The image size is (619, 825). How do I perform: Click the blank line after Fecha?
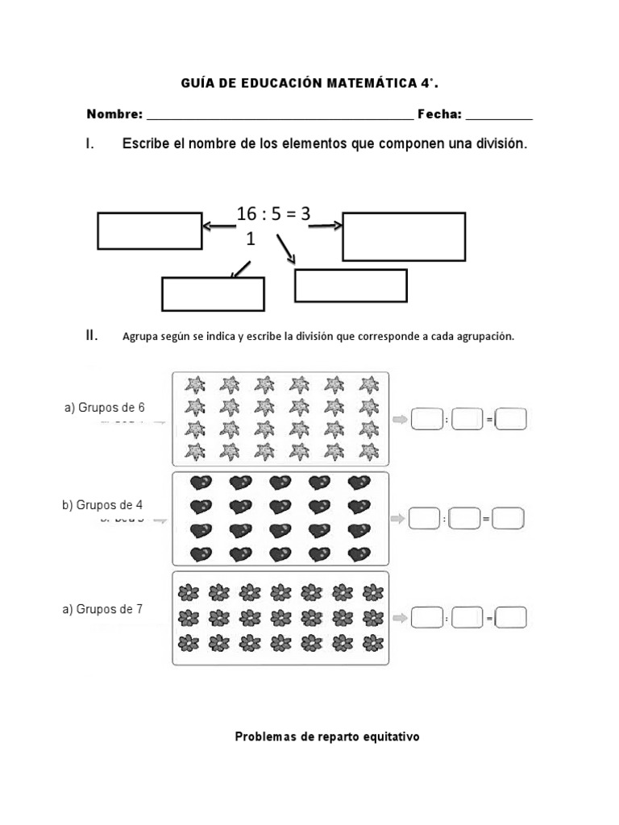[499, 117]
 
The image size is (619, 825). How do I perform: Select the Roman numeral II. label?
[92, 336]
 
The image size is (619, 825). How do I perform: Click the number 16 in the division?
[246, 214]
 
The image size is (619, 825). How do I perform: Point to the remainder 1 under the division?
[250, 239]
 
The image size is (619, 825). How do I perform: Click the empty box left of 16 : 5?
[150, 231]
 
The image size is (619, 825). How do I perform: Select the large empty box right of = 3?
[404, 237]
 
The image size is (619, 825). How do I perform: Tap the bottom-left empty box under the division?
[213, 294]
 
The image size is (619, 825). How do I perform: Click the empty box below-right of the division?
[351, 285]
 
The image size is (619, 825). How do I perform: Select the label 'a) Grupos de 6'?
[105, 407]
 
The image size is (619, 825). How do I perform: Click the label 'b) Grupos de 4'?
[102, 505]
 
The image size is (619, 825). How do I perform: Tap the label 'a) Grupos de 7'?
[102, 609]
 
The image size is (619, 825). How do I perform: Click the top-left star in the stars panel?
[194, 383]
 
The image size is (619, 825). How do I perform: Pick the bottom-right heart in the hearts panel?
[358, 555]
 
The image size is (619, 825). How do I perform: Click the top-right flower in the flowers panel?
[373, 593]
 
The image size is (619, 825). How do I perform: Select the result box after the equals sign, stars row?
[511, 420]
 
